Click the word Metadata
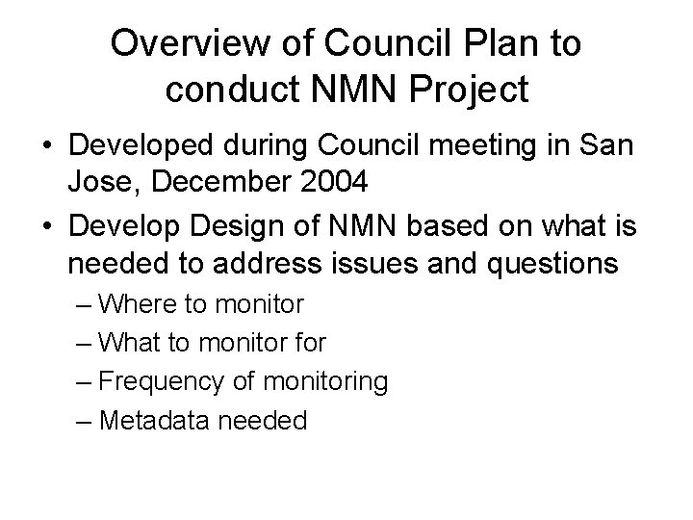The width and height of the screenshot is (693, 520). click(148, 421)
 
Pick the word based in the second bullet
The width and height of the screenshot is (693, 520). click(474, 227)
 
